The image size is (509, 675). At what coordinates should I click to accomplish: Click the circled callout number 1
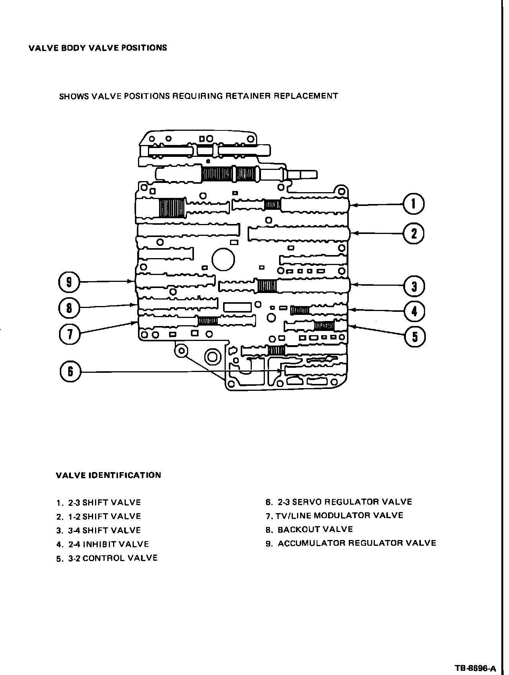414,204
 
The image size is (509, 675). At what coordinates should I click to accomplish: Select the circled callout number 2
414,233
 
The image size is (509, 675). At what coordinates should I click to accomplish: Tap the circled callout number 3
414,286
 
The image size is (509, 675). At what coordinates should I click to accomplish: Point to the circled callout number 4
414,311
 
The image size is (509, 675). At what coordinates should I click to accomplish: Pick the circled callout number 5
415,337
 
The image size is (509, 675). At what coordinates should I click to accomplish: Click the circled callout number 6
70,372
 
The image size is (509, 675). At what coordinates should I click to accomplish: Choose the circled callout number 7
69,334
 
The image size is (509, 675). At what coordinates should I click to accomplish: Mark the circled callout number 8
69,308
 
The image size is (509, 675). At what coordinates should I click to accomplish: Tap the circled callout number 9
69,282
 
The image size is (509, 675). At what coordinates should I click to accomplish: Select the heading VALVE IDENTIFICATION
108,475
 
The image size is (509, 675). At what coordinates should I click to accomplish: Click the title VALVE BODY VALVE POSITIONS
98,48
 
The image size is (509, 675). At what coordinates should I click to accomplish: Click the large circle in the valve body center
223,260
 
